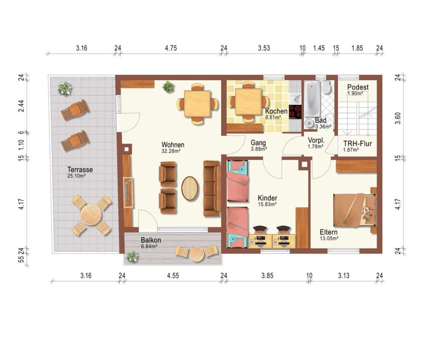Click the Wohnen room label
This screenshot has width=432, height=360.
173,144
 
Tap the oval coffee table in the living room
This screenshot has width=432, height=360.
190,188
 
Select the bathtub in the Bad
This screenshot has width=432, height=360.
312,98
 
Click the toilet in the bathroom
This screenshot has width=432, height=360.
327,87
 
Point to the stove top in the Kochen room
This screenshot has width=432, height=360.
295,112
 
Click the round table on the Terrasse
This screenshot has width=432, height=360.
91,215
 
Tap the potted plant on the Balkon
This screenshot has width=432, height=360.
132,257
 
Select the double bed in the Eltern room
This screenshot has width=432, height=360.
355,210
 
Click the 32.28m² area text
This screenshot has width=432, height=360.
171,151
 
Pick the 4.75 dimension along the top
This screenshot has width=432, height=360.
171,48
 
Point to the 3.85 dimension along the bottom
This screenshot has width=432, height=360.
267,276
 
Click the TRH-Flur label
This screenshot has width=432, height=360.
357,144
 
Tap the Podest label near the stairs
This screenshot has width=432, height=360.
358,87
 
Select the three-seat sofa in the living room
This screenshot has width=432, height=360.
212,189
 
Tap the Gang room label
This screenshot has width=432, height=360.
258,143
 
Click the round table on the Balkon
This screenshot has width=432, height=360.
196,254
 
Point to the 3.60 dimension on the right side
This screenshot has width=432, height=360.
397,118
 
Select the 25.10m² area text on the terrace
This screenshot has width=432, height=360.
76,176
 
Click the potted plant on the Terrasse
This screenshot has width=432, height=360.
65,88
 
